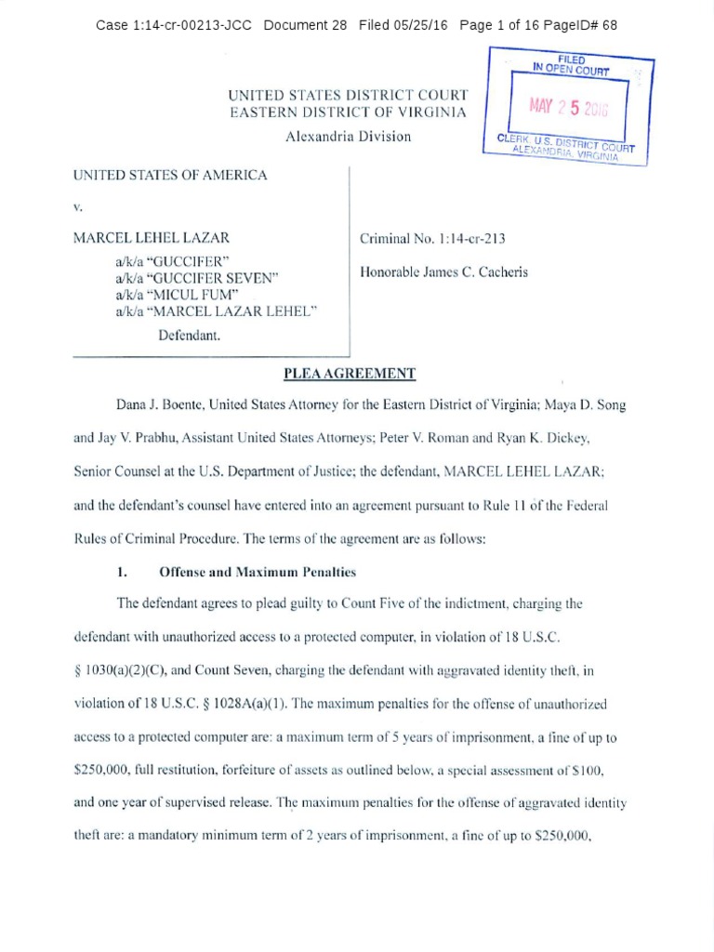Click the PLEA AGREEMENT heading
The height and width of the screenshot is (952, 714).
[349, 375]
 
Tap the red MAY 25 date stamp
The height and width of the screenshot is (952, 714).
[567, 107]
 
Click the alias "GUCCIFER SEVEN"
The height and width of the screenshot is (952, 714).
[196, 277]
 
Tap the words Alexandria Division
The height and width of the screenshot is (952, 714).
[349, 136]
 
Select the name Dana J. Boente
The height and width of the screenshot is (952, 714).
[160, 404]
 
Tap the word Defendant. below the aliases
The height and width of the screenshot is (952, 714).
[189, 335]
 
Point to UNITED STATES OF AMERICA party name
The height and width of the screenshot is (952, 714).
[170, 175]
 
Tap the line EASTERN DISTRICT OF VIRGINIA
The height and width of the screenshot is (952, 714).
[349, 112]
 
